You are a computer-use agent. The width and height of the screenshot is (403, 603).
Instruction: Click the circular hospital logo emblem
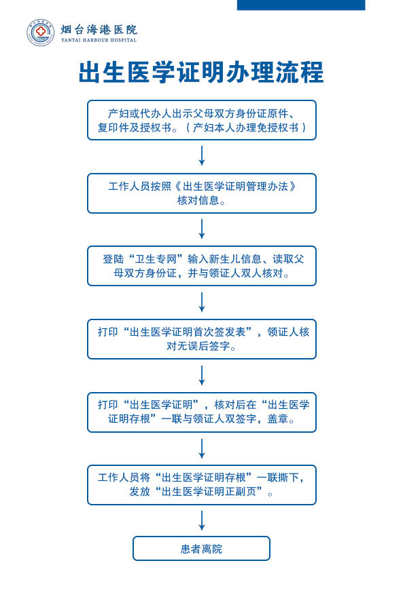(x=41, y=33)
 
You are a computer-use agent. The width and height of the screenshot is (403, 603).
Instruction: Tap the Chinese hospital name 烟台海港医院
(x=99, y=30)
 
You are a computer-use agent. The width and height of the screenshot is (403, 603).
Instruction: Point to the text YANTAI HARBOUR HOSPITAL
(x=99, y=40)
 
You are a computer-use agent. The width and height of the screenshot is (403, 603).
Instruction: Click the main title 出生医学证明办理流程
(x=201, y=73)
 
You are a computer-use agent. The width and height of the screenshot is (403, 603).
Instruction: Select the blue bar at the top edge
(x=301, y=5)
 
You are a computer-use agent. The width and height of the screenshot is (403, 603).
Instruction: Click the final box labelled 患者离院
(x=201, y=548)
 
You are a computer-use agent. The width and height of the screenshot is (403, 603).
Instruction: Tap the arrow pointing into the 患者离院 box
(x=201, y=521)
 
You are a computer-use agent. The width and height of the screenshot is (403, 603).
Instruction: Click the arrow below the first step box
(x=201, y=156)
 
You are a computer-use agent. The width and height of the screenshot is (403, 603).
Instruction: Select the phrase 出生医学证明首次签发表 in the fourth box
(x=188, y=332)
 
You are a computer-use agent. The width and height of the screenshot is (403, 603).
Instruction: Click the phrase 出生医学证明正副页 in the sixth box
(x=209, y=492)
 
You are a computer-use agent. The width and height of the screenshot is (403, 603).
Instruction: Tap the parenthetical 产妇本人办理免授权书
(x=245, y=128)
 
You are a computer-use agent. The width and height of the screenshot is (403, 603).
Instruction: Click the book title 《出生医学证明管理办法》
(x=235, y=187)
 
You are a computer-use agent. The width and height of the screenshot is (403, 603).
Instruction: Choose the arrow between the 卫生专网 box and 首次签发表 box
(x=201, y=302)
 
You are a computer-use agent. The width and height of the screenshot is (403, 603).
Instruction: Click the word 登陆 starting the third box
(x=113, y=259)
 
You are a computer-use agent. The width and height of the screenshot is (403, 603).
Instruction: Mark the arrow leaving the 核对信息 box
(x=201, y=229)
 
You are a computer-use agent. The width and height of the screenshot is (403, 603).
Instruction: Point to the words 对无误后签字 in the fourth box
(x=198, y=346)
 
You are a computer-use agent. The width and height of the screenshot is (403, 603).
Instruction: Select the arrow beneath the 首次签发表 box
(x=201, y=375)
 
